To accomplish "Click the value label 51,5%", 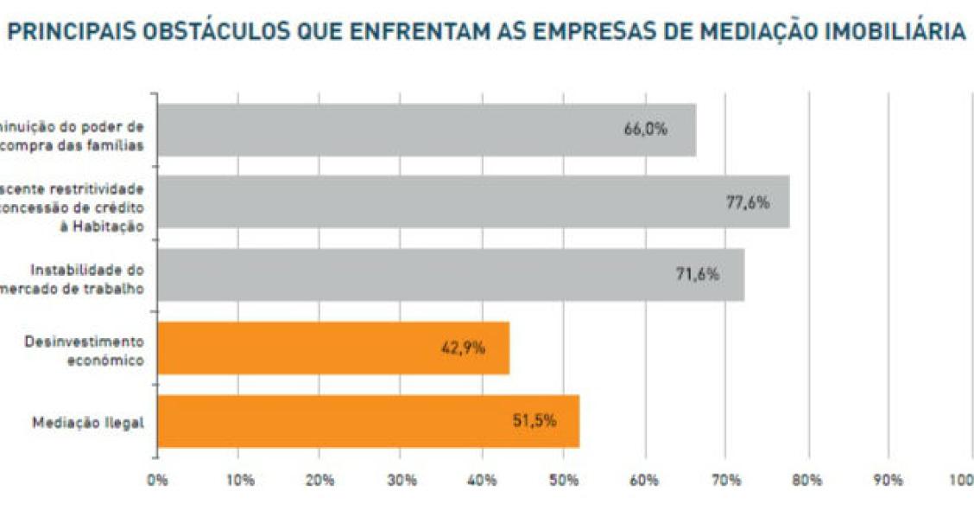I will pos(534,421).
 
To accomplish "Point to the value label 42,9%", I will pos(463,348).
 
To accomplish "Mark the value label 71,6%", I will pos(697,275).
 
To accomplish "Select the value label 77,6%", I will pos(747,202).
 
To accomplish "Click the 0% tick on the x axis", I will pos(157,480).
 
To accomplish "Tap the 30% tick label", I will pos(402,480).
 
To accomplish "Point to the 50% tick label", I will pos(564,480).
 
